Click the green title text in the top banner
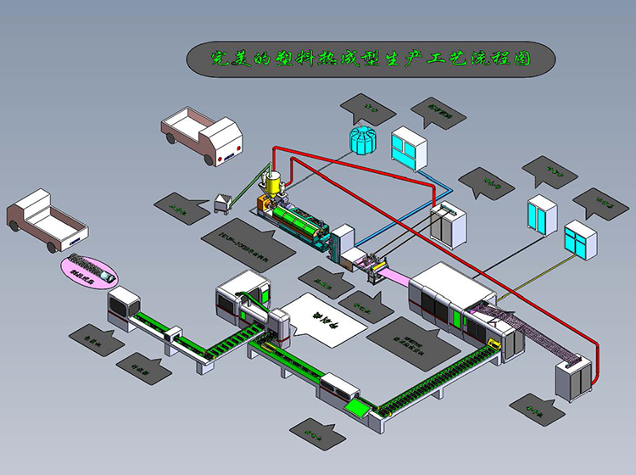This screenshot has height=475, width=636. click(371, 59)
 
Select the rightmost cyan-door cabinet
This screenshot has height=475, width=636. click(581, 241)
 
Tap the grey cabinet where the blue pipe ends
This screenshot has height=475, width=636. click(448, 223)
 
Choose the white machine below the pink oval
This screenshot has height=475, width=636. click(122, 306)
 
